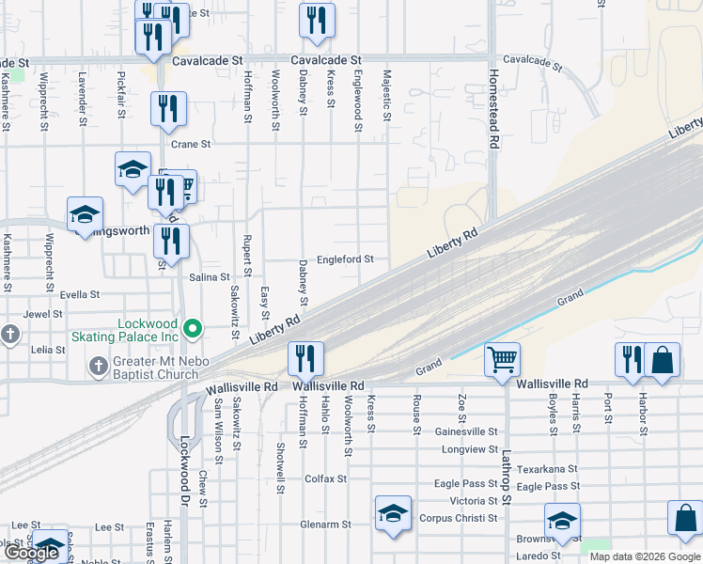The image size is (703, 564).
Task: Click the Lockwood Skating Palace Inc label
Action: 148,330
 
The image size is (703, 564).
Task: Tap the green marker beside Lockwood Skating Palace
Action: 194,329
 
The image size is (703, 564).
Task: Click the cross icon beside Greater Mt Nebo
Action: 98,364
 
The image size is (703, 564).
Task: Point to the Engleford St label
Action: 345,259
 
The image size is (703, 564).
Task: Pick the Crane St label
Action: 191,145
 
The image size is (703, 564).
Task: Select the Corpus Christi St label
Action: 459,518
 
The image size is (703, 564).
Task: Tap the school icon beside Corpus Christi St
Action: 393,513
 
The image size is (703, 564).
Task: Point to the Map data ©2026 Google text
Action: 645,556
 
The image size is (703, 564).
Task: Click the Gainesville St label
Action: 466,431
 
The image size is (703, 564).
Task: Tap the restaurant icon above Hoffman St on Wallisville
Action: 305,358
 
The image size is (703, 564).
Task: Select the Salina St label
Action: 210,277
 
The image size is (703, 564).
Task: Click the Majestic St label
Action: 386,95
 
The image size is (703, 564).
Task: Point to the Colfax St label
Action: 326,478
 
